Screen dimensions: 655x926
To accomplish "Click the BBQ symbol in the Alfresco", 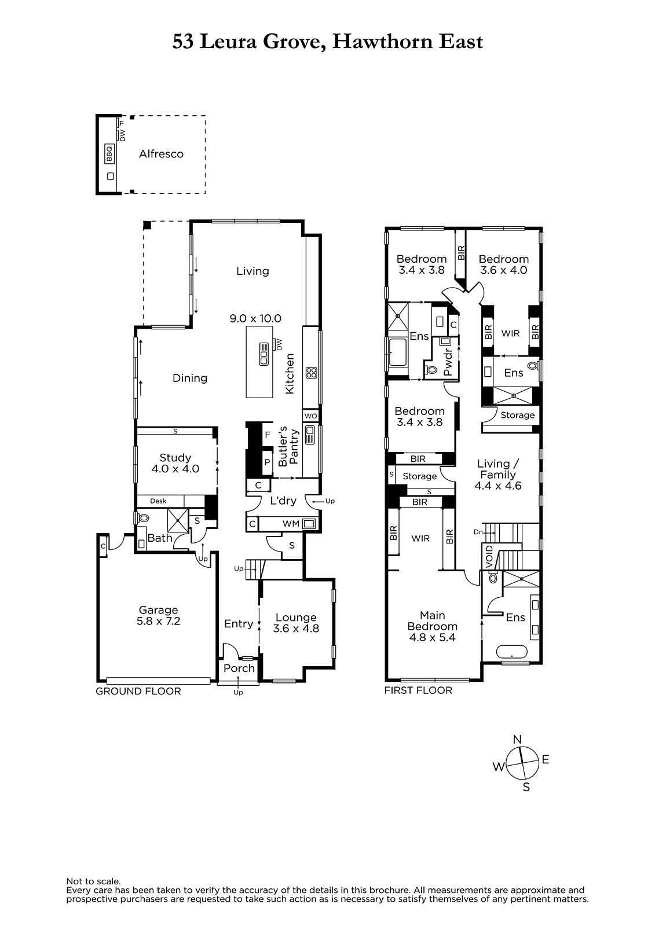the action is point(109,154).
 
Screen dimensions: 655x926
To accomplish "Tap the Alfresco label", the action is point(161,154).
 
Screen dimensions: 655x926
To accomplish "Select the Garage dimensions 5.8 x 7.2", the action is point(159,621).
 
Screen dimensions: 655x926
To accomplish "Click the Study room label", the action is point(175,458).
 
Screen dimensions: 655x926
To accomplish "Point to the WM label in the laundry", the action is point(291,524).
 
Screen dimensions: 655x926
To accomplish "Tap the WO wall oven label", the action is point(311,416).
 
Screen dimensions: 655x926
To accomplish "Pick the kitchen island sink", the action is point(264,354).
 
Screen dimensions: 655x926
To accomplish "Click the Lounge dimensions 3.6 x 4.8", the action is point(297,629).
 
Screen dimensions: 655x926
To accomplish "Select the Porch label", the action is point(239,668).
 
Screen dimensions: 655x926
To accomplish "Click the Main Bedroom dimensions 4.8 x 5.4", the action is point(433,637).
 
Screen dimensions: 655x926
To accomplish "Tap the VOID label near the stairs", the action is point(489,556).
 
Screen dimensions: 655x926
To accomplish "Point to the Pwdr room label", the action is point(448,362).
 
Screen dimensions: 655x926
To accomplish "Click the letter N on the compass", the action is point(517,740).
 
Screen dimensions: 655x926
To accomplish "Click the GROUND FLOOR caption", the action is point(138,691).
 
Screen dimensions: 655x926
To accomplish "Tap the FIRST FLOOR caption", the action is point(418,690).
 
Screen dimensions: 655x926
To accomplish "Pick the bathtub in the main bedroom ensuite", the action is point(511,652).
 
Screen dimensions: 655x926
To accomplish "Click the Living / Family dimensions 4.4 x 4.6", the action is point(498,486).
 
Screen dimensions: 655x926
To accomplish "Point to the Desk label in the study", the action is point(158,501).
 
